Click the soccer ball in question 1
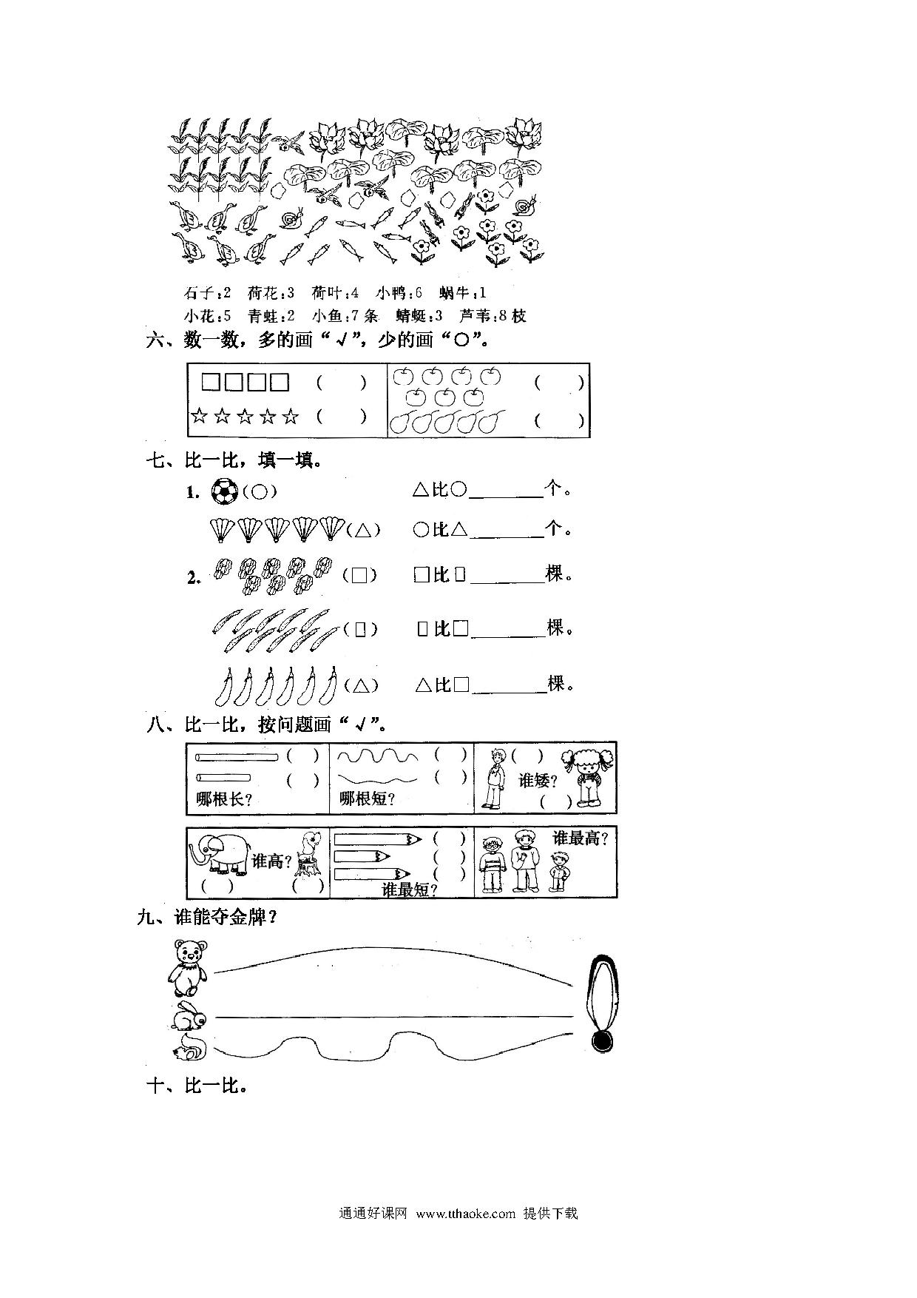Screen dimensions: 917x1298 pos(225,491)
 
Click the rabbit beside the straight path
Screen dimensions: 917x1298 pos(189,1016)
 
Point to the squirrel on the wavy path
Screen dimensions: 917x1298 pos(190,1048)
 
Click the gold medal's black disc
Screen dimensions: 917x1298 pos(603,1040)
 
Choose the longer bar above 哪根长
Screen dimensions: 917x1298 pos(237,756)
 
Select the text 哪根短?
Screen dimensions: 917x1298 pos(366,799)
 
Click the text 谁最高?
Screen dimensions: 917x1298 pos(581,838)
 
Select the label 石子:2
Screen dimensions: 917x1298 pos(208,293)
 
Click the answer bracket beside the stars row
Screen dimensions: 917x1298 pos(341,416)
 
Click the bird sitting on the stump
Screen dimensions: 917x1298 pos(308,854)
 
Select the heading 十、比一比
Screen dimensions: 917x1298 pos(197,1086)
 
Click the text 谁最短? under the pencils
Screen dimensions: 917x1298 pos(409,890)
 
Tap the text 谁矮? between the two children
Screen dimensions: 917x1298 pos(535,781)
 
